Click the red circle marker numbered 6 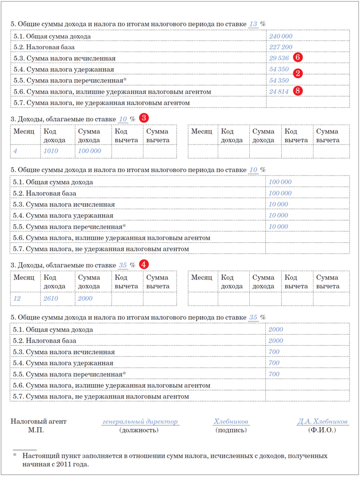(298, 57)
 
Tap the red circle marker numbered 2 (298, 73)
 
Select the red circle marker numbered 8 (298, 91)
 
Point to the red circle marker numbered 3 (144, 118)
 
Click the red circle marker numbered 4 (144, 265)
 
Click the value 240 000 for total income (280, 36)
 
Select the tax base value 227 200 (280, 47)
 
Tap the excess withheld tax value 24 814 (279, 91)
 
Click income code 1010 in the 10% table (50, 151)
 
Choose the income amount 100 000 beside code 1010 (89, 151)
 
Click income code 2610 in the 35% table (50, 298)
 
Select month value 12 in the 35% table (17, 298)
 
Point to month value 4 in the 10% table (16, 151)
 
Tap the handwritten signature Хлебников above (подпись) (231, 422)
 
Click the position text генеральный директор (140, 422)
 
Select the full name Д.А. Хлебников (322, 422)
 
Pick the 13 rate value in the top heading (253, 24)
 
